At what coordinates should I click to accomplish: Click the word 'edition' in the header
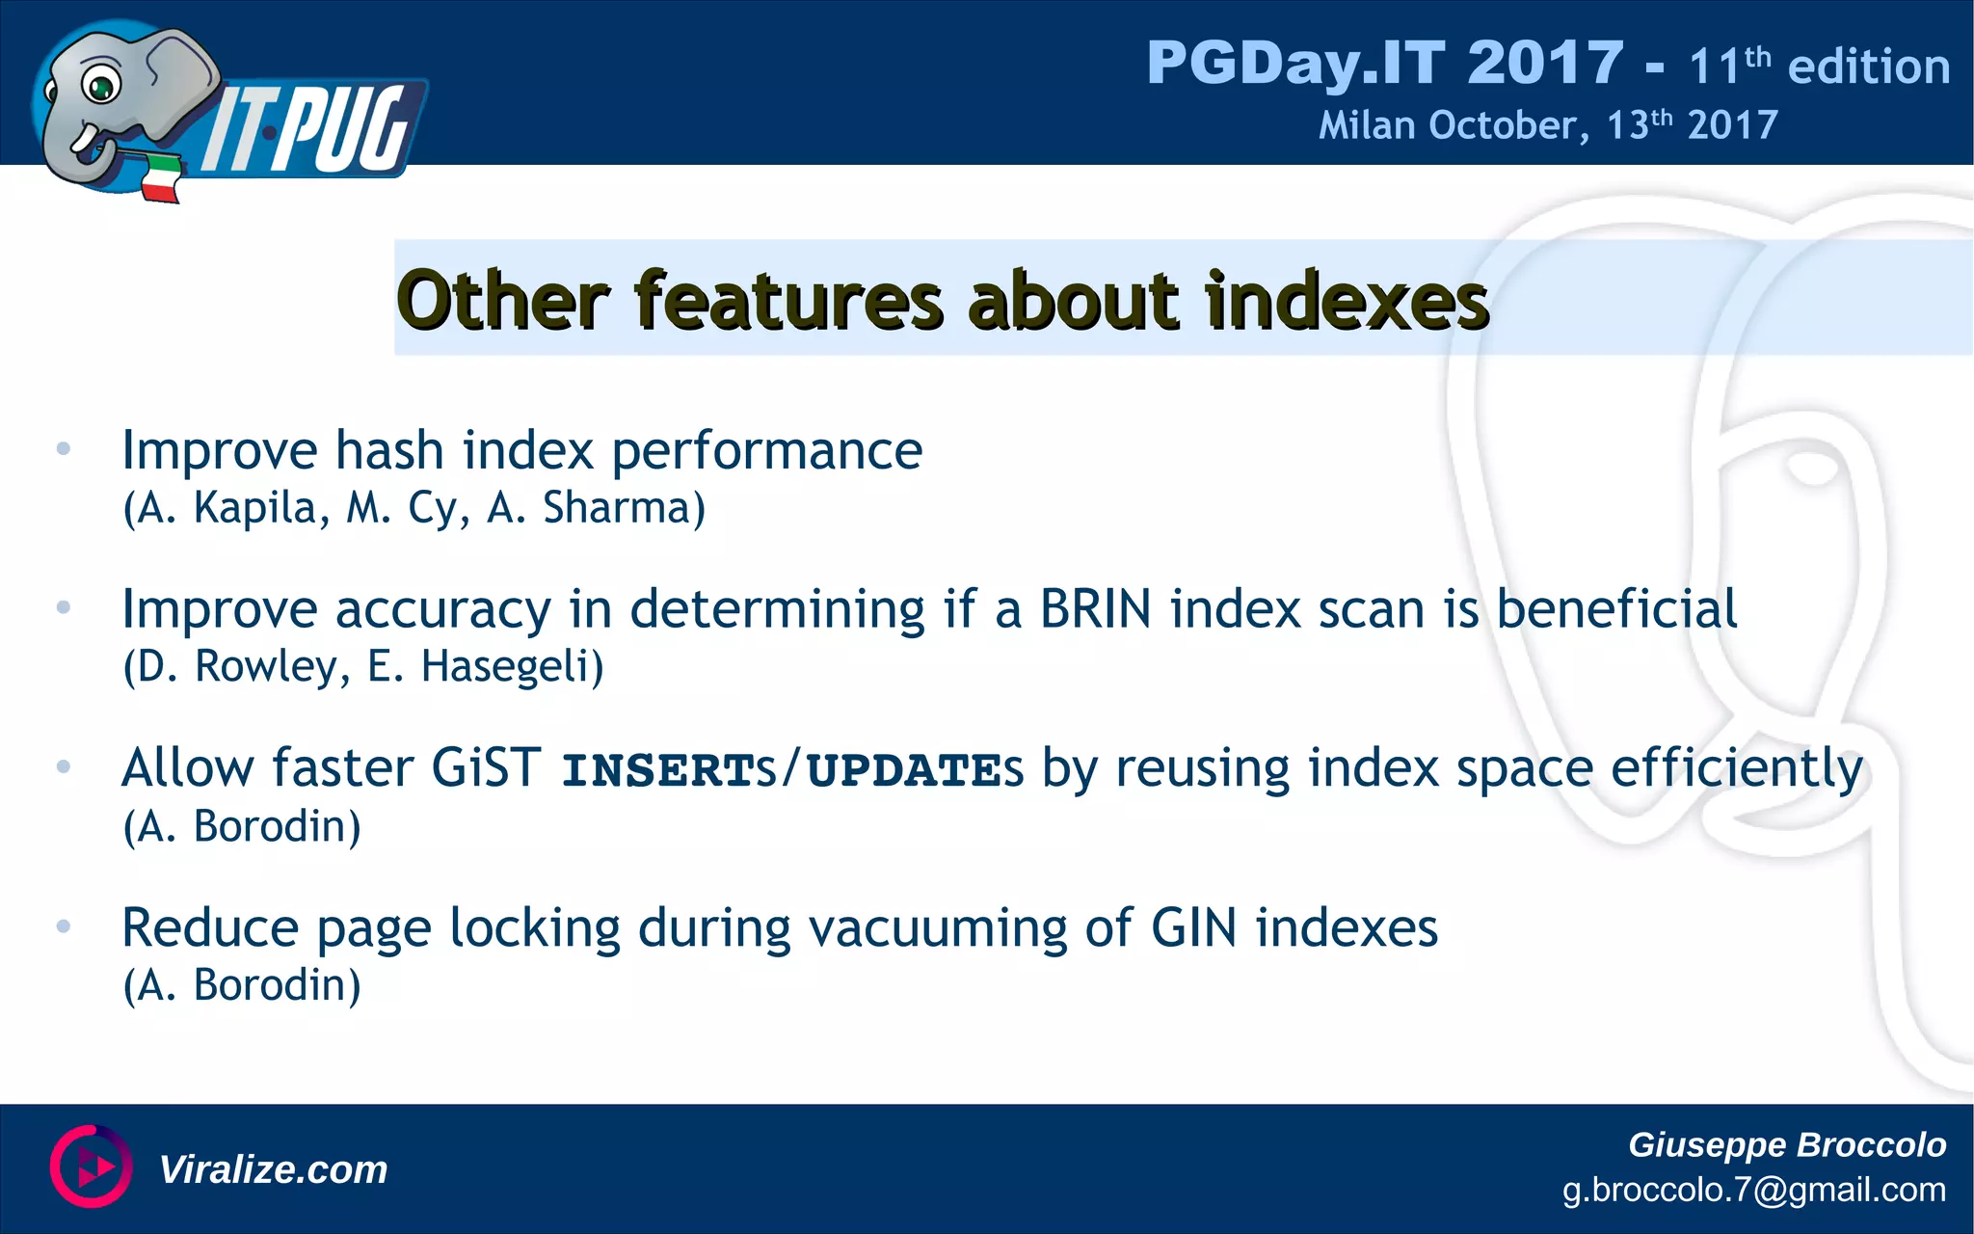(1869, 67)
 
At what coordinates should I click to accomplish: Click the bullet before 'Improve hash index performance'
(64, 448)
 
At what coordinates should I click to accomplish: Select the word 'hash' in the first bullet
(389, 450)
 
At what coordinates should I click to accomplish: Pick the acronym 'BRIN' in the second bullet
(1095, 609)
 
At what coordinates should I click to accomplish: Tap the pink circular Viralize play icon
(91, 1167)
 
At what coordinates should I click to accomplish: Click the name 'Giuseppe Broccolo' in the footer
(1786, 1144)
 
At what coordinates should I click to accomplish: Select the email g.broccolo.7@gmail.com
(1753, 1190)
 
